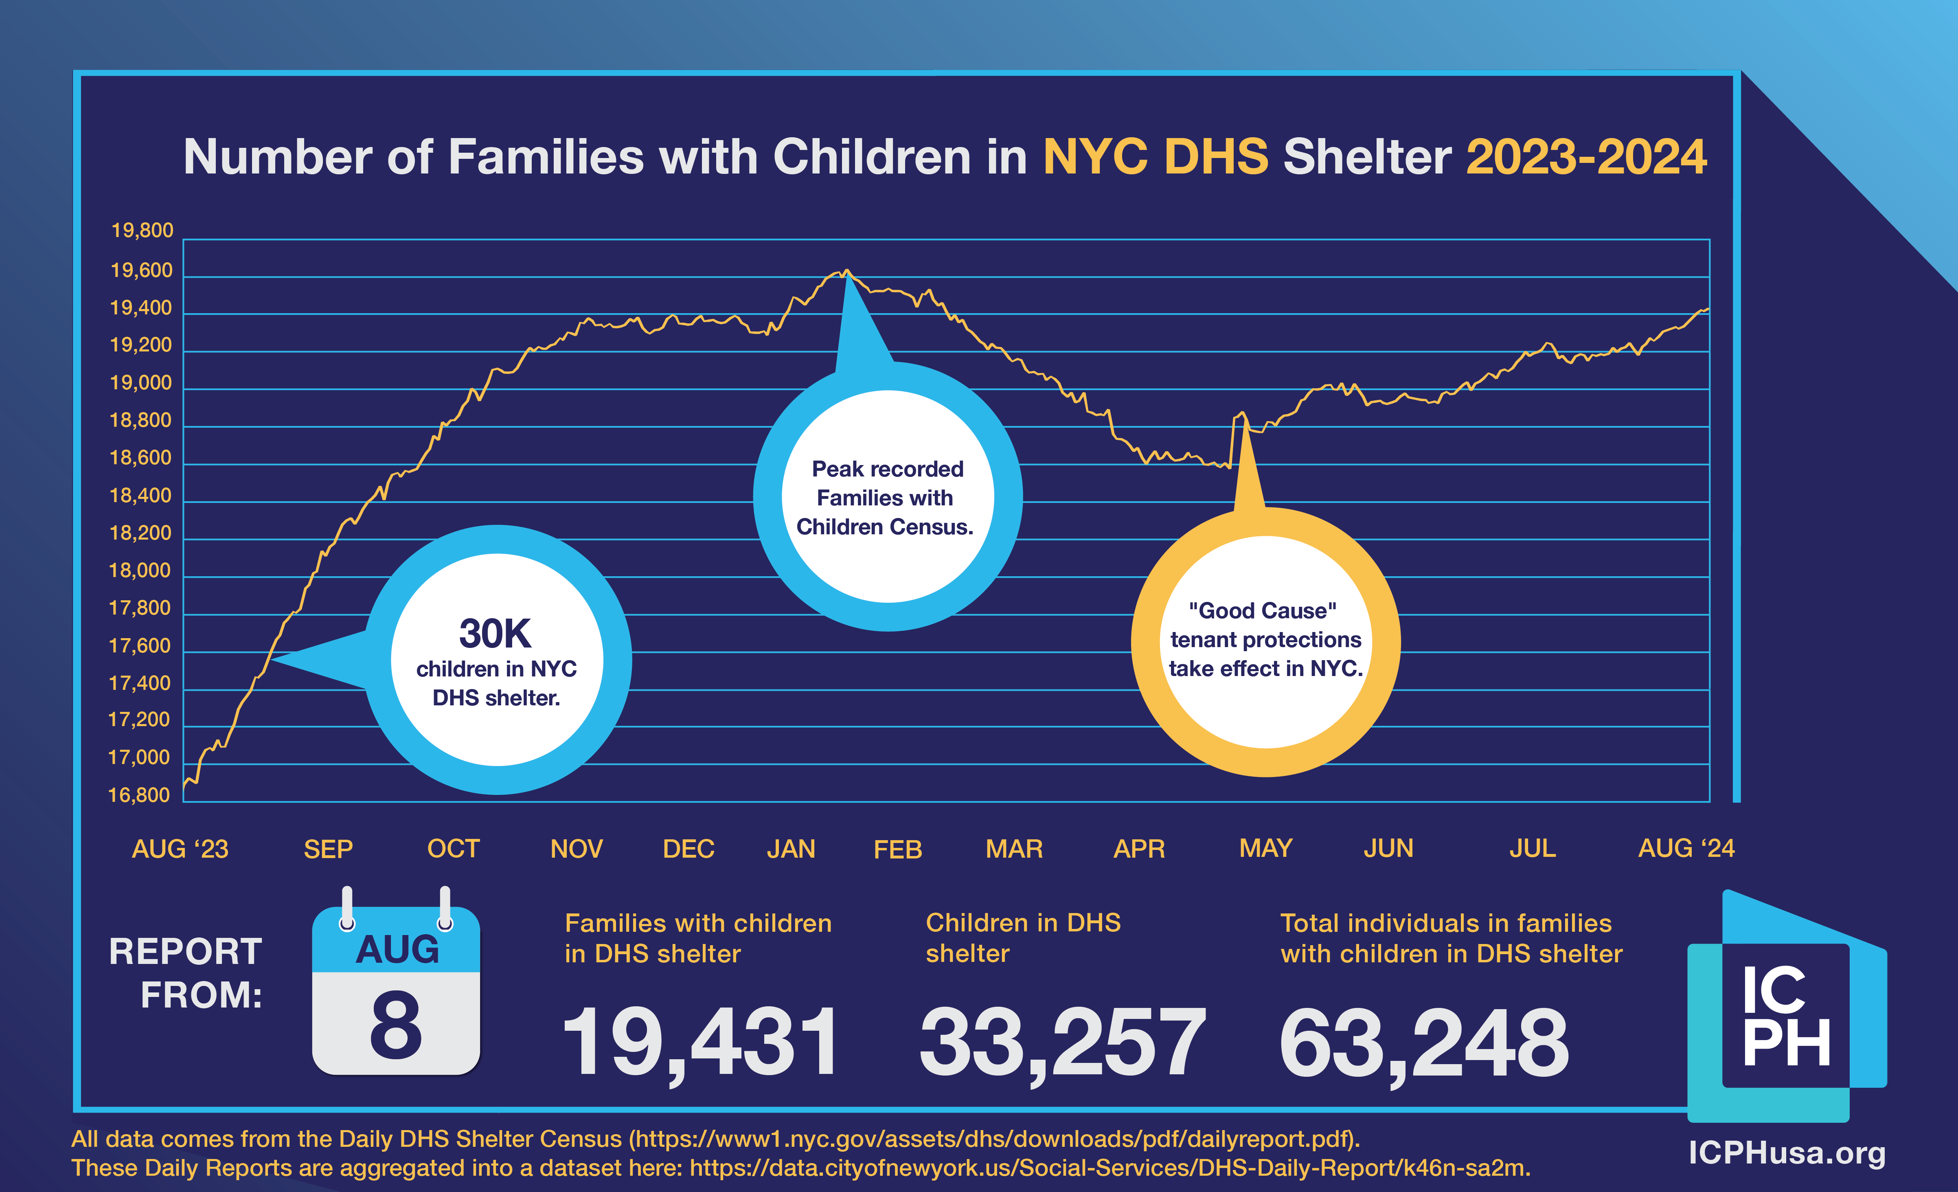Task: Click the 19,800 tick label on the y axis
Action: (x=141, y=230)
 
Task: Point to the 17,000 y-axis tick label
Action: (x=139, y=757)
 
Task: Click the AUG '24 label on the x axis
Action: (x=1686, y=849)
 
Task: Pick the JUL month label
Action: (x=1532, y=849)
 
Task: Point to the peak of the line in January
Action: (x=847, y=271)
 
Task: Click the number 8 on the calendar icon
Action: (x=396, y=1025)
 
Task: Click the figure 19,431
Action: (x=699, y=1041)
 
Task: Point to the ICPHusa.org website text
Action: (x=1786, y=1152)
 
